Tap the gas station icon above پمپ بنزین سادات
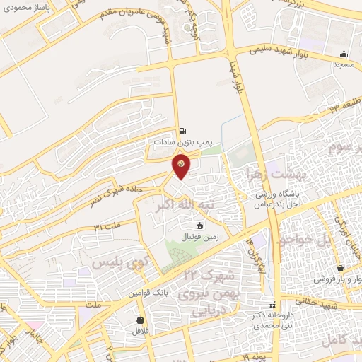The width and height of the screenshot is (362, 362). click(x=184, y=131)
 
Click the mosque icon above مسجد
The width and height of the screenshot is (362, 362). click(x=344, y=54)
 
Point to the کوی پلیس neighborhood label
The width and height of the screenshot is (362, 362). click(x=113, y=262)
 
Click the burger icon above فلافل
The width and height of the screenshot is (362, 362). click(x=139, y=319)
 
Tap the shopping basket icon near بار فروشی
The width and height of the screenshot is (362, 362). click(x=342, y=269)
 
